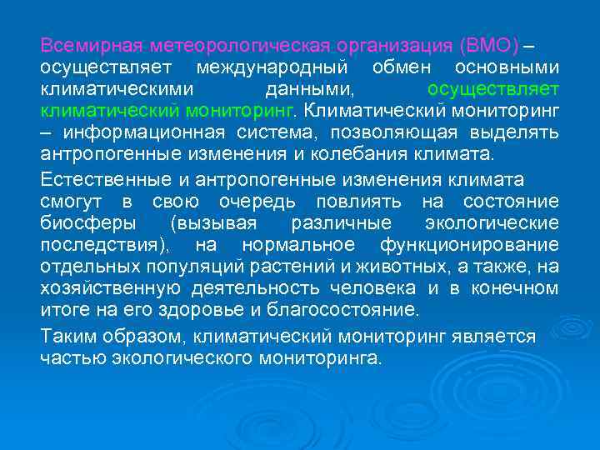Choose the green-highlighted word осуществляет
click(x=492, y=88)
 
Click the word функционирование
click(x=468, y=245)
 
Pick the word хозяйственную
click(x=111, y=288)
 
